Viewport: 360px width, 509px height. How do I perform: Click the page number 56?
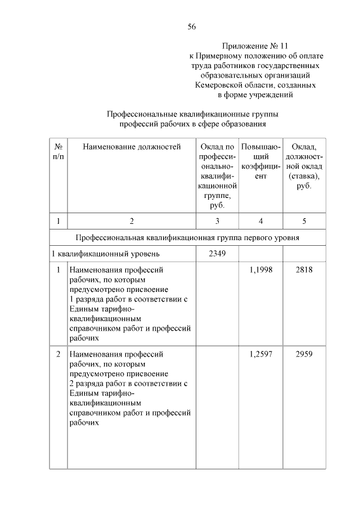tap(191, 26)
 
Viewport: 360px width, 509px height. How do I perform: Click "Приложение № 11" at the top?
tap(258, 46)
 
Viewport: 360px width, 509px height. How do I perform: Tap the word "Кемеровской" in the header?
tap(220, 85)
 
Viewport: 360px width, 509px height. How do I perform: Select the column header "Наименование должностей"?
tap(132, 147)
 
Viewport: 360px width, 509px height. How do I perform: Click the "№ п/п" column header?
tap(58, 151)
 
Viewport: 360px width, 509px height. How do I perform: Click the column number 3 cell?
tap(217, 220)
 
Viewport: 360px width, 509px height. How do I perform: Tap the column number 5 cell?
tap(304, 220)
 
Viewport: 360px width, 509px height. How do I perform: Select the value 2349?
tap(217, 253)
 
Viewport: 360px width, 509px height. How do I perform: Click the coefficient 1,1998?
tap(260, 270)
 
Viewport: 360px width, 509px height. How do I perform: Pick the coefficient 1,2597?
tap(260, 354)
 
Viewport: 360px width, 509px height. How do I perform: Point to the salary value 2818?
tap(304, 270)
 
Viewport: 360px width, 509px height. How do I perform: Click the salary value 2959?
tap(304, 354)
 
